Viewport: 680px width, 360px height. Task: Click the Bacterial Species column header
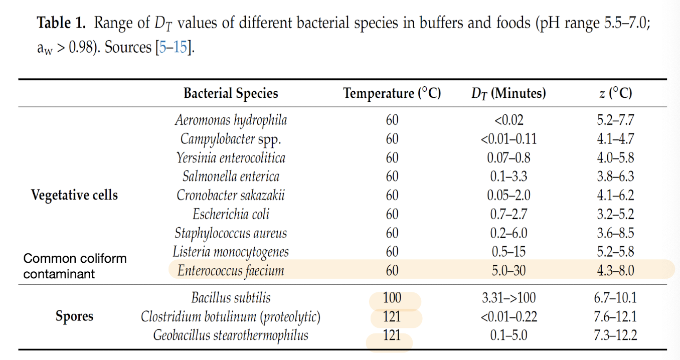[x=231, y=93]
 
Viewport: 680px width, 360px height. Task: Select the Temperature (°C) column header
[x=392, y=93]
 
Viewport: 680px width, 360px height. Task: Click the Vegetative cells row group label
[x=74, y=195]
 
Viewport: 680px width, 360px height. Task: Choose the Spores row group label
[x=74, y=316]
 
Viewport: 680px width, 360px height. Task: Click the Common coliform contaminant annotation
[x=75, y=266]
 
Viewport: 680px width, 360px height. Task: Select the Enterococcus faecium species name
[x=231, y=271]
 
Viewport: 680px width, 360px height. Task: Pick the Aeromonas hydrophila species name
[x=231, y=120]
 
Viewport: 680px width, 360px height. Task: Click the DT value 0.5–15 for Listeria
[x=508, y=252]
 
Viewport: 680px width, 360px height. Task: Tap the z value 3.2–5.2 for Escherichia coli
[x=615, y=214]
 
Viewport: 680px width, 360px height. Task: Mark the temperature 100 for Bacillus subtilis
[x=392, y=298]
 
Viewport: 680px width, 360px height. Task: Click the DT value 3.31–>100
[x=508, y=298]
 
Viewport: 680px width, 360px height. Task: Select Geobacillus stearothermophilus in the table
[x=231, y=335]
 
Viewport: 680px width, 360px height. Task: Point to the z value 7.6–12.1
[x=615, y=317]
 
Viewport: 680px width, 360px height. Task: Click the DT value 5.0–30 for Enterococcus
[x=508, y=271]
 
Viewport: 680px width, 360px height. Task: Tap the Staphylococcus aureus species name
[x=231, y=233]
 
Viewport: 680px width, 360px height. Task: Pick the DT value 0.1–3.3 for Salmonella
[x=508, y=176]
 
